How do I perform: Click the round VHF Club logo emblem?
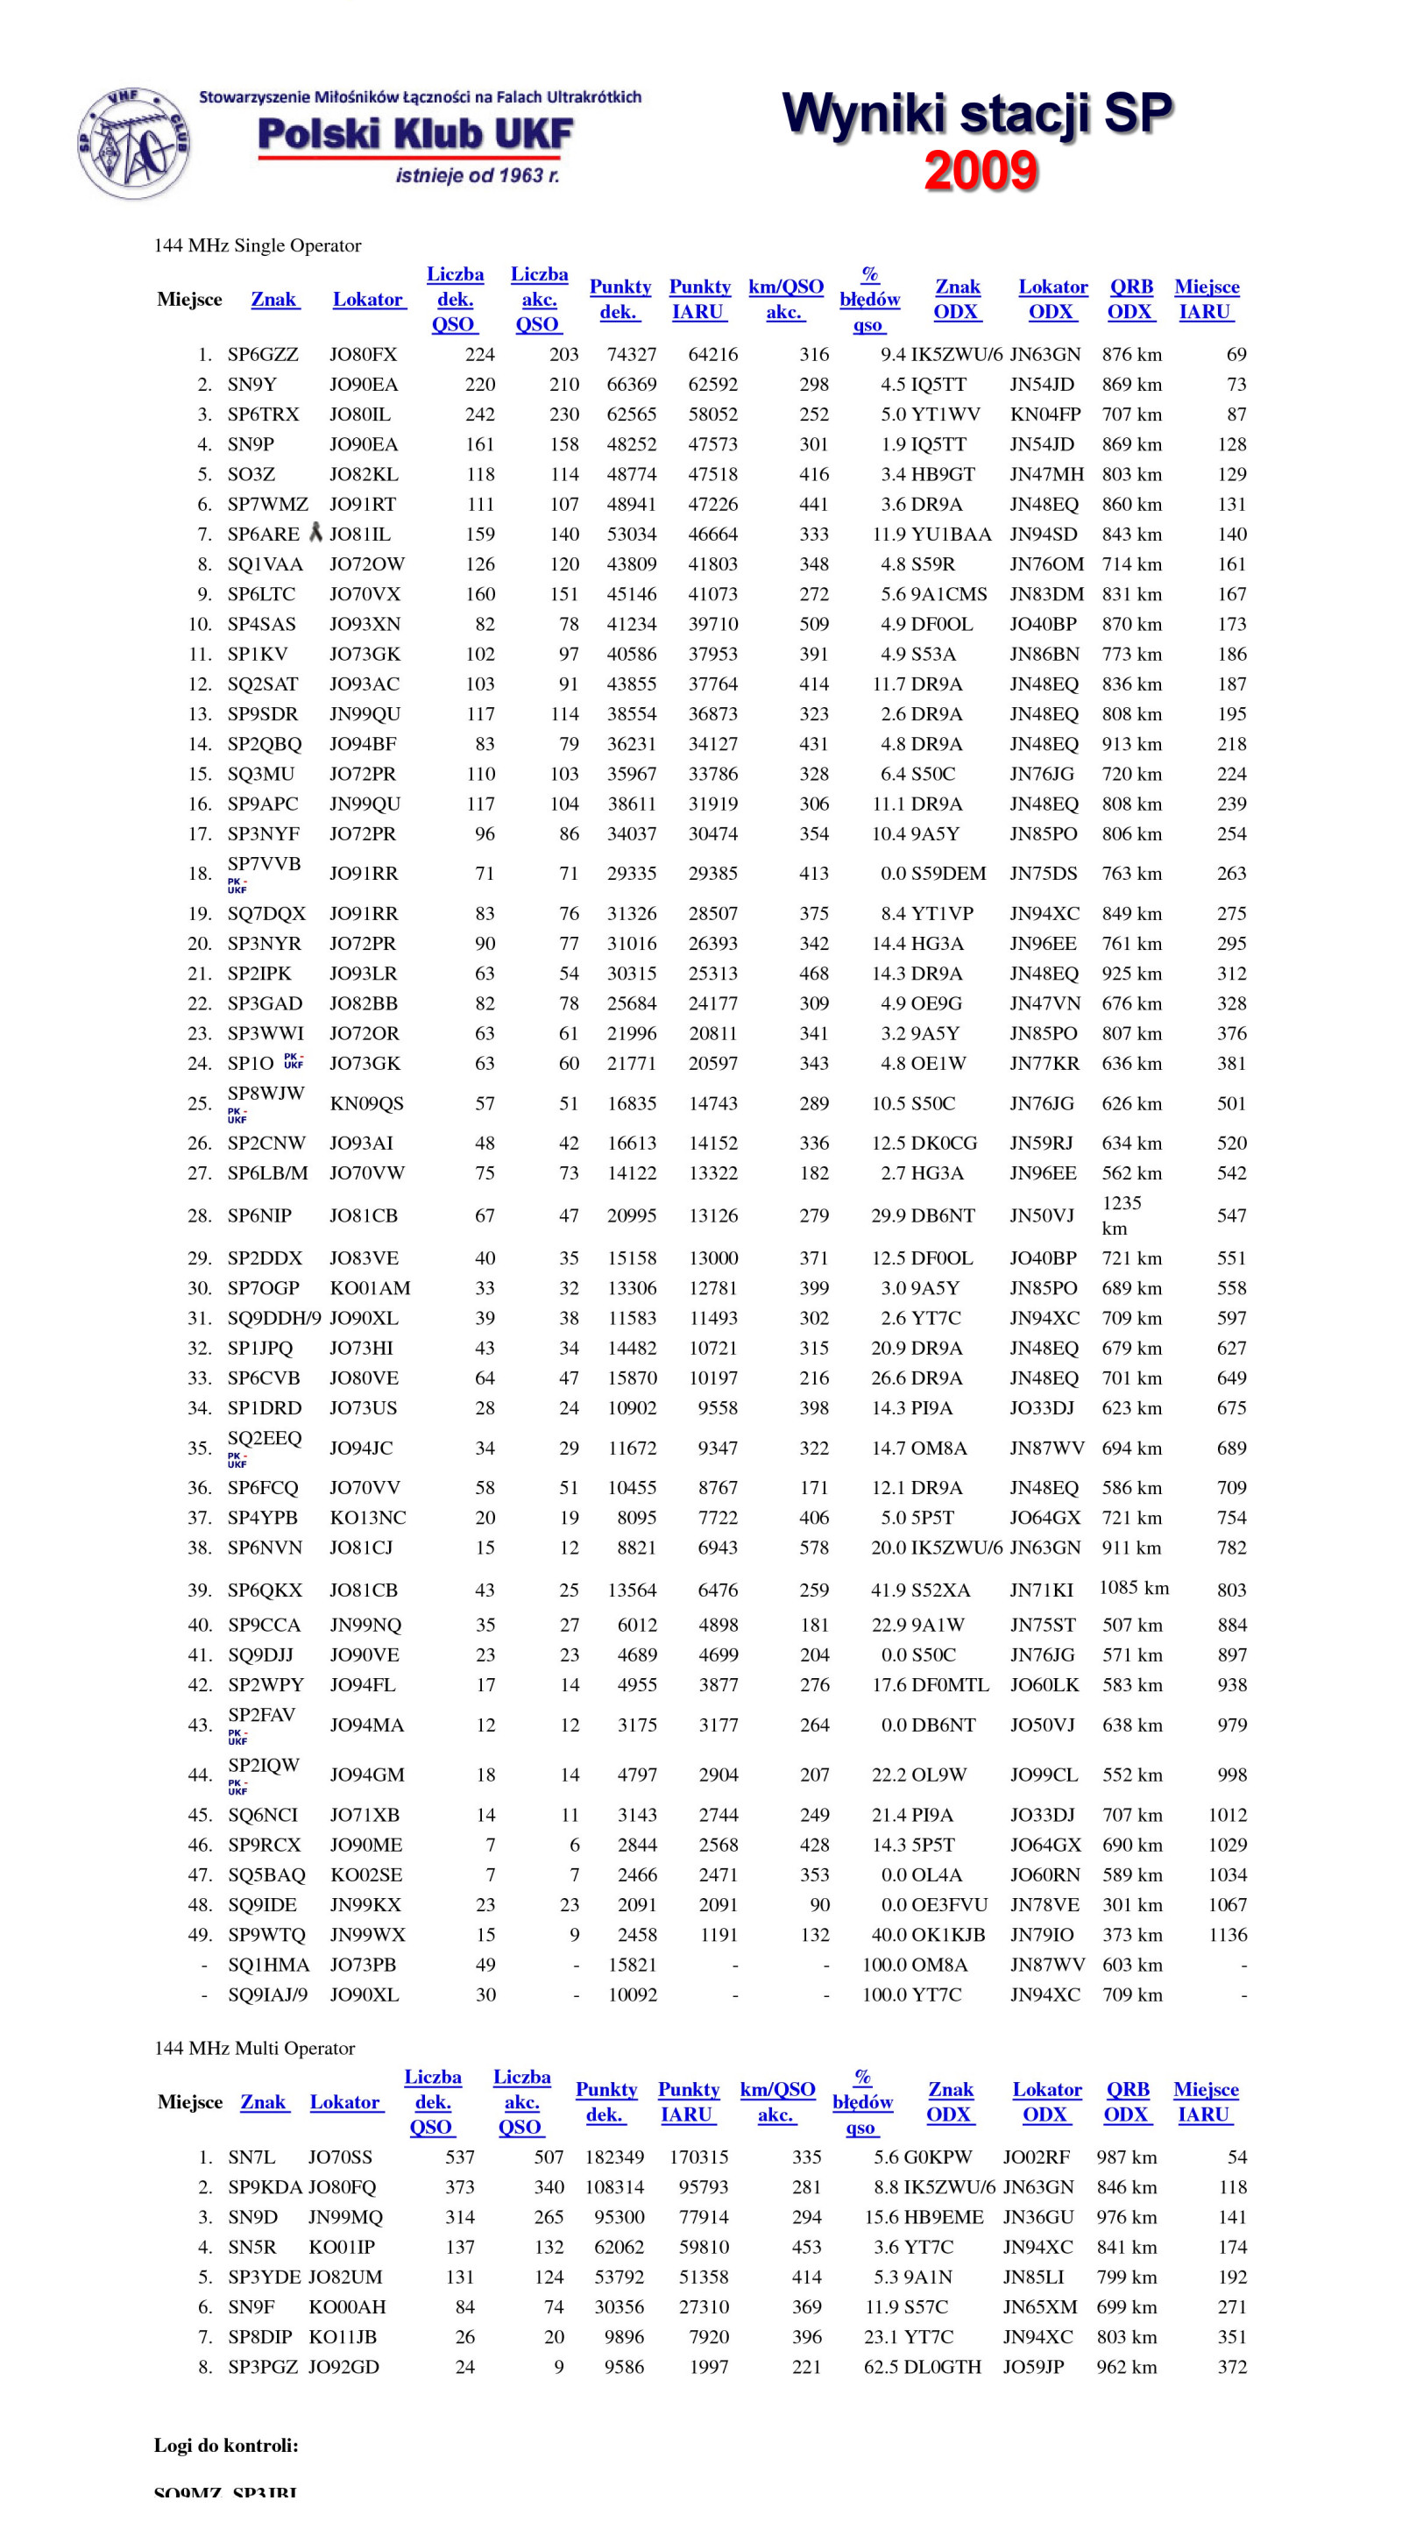133,143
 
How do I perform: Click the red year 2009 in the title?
981,170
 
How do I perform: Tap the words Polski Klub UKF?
414,135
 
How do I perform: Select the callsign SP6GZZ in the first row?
263,354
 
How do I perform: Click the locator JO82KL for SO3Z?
364,474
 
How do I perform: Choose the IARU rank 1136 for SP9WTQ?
1228,1935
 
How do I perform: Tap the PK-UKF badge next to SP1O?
294,1061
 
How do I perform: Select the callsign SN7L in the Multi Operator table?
251,2157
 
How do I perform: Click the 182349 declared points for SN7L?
614,2157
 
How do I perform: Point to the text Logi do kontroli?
226,2445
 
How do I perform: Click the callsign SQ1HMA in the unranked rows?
268,1965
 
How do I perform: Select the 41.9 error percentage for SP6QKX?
888,1590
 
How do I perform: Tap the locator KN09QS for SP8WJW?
366,1103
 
